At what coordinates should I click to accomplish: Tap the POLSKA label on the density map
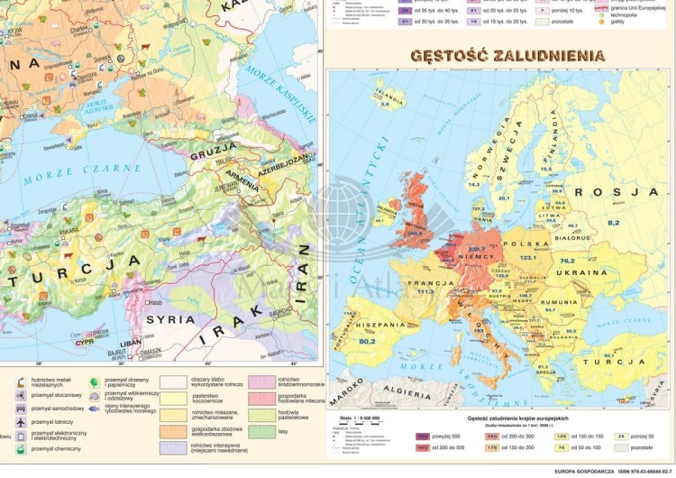point(528,244)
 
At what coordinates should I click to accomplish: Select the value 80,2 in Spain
point(366,342)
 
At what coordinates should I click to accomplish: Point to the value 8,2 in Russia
point(614,222)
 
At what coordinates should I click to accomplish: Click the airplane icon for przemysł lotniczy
point(19,422)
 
